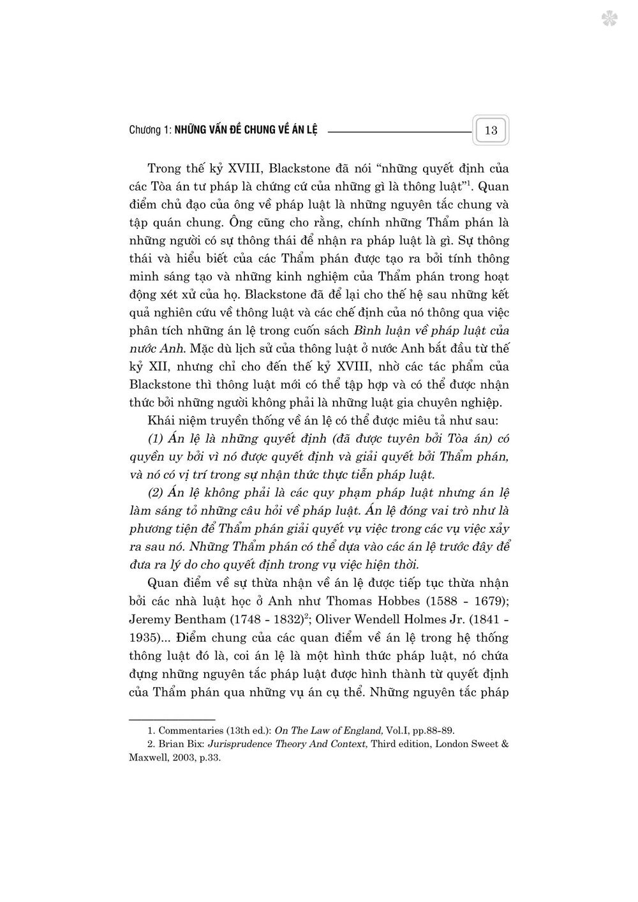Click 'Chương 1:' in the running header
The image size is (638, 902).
click(x=149, y=131)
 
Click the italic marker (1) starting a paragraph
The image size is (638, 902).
click(x=156, y=439)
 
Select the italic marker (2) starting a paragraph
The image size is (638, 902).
click(x=156, y=493)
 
